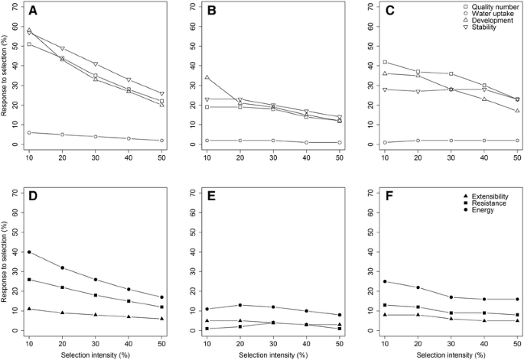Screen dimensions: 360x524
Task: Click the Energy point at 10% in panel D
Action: click(29, 252)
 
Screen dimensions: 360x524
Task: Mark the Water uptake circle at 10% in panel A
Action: click(29, 132)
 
